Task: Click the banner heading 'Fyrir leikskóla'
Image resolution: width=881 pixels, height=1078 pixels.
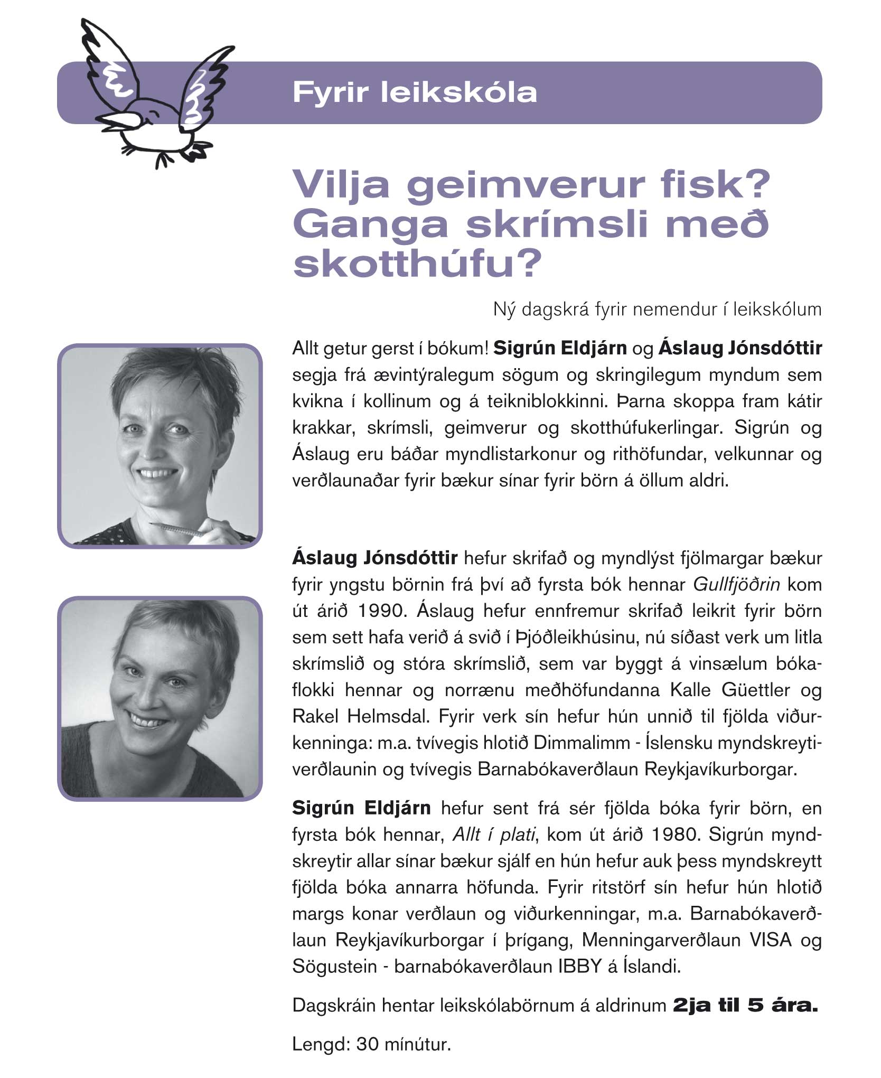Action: (x=415, y=92)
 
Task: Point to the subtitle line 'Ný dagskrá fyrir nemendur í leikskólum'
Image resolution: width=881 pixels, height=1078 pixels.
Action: (x=657, y=310)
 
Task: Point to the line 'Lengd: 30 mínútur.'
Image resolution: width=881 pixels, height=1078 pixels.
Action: (x=371, y=1044)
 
